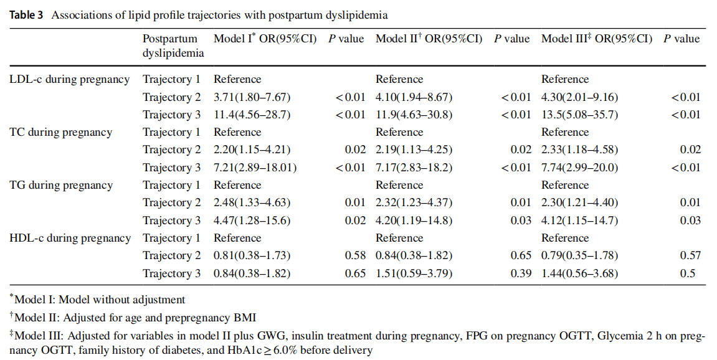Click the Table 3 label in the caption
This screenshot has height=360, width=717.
[26, 14]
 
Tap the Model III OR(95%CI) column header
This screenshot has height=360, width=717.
[596, 39]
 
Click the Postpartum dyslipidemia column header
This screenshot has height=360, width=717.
[173, 45]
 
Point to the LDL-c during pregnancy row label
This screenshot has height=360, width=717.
[70, 79]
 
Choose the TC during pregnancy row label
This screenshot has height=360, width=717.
[61, 132]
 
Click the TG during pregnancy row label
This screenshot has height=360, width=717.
[61, 185]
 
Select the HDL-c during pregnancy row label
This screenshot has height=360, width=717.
[70, 238]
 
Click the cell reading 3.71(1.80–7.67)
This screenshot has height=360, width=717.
[252, 97]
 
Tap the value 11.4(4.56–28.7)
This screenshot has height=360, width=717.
[252, 115]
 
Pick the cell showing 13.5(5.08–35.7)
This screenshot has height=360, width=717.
[579, 115]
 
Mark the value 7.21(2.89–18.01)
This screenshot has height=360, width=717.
[255, 168]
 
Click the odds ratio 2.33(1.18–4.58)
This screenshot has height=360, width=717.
[579, 149]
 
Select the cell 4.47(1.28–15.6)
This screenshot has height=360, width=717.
[252, 220]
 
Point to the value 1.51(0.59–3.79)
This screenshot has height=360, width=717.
[414, 273]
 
